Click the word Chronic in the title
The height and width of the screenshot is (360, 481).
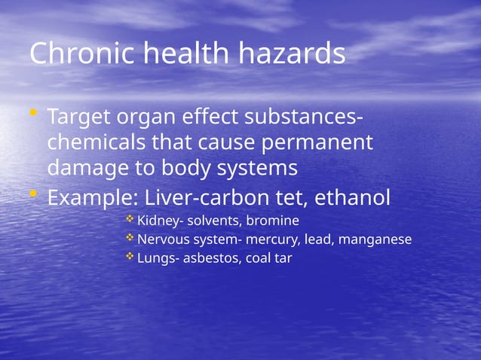(x=77, y=54)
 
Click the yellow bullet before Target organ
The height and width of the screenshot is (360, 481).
(x=33, y=114)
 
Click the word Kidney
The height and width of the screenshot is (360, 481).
(x=157, y=221)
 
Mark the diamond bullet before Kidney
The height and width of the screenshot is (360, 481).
(x=130, y=219)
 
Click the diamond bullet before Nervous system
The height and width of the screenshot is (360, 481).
(x=130, y=238)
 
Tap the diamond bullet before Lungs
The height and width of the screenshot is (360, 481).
(x=130, y=257)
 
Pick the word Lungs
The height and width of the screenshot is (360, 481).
(x=154, y=259)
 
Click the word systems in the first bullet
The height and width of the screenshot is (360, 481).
(x=256, y=166)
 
